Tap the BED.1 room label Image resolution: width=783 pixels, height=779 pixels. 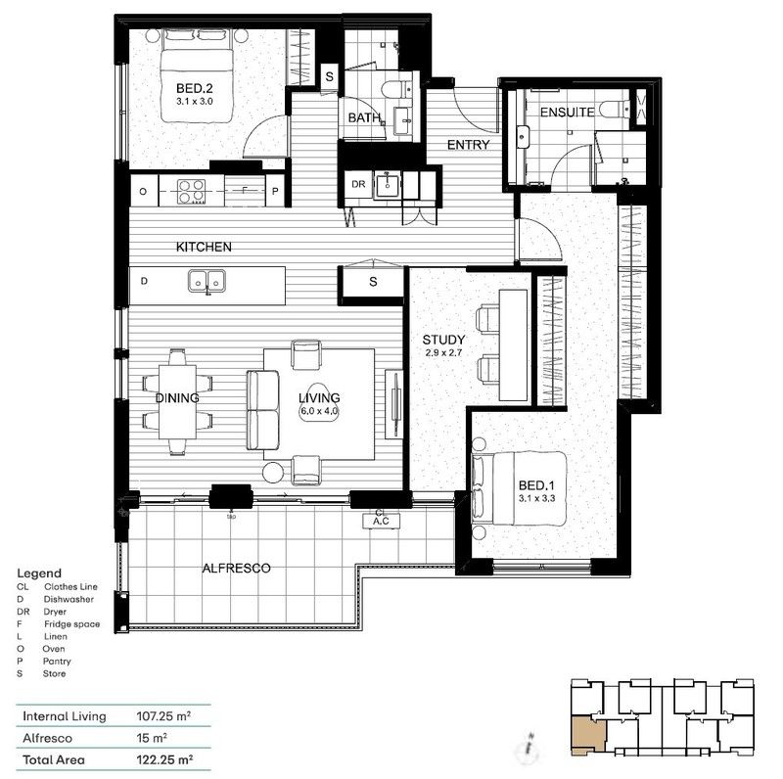click(x=537, y=484)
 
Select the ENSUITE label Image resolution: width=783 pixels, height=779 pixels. click(x=566, y=113)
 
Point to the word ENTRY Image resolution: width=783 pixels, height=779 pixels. click(x=468, y=145)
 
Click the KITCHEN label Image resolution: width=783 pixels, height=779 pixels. click(x=204, y=248)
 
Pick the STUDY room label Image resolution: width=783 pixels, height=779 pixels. click(x=443, y=341)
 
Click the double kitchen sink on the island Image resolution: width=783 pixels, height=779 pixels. click(x=207, y=282)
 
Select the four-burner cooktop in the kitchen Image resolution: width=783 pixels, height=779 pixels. click(x=188, y=190)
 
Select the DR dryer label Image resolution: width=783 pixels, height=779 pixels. click(x=358, y=183)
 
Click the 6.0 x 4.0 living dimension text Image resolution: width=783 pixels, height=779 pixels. click(x=319, y=412)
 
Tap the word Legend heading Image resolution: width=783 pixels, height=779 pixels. click(x=39, y=573)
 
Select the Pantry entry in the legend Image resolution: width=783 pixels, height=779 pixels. click(x=63, y=662)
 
